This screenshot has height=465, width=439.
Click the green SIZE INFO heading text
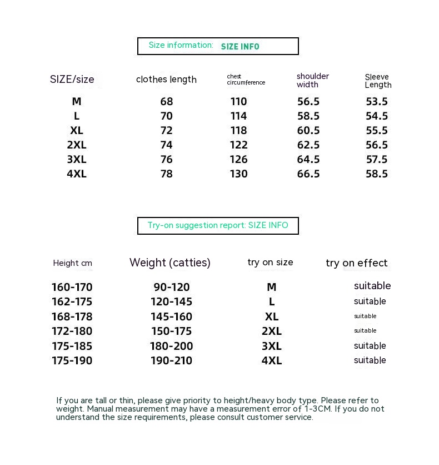pos(240,47)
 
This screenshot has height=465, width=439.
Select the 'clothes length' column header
pos(166,80)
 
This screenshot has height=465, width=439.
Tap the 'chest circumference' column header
pos(246,80)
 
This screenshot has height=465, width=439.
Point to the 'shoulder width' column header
pos(313,80)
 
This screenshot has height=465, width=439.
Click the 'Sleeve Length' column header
pos(378,81)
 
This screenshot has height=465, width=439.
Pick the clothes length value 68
pos(167,102)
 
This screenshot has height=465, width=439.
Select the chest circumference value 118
pos(238,131)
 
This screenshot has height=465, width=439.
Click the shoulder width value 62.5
pos(308,145)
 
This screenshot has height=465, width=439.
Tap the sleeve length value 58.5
pos(377,174)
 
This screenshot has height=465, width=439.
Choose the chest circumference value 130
pos(238,174)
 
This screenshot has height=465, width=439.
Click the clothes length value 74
pos(167,145)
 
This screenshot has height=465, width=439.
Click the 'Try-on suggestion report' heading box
pos(218,226)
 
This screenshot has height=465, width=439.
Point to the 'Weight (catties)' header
pos(170,263)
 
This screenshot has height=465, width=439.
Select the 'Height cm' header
pos(73,263)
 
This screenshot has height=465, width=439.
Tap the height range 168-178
pos(72,317)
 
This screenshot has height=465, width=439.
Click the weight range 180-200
pos(171,346)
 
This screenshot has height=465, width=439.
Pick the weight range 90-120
pos(172,288)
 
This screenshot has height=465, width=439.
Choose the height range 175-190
pos(72,360)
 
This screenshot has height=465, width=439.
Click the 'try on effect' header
pos(357,263)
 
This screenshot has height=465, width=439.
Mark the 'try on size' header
pos(270,263)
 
